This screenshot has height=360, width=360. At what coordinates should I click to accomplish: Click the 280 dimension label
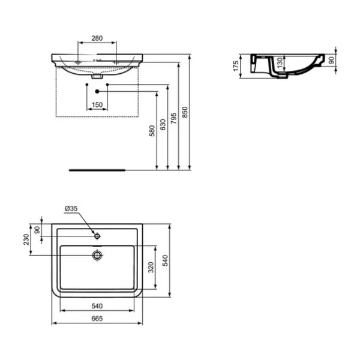click(97, 38)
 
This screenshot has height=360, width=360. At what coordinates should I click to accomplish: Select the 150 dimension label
click(97, 104)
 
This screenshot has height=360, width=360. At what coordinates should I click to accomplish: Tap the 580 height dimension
click(152, 131)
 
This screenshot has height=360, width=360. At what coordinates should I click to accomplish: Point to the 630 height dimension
click(163, 125)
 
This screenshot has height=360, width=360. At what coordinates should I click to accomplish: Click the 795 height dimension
click(174, 118)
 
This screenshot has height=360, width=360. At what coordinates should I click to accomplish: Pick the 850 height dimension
click(185, 112)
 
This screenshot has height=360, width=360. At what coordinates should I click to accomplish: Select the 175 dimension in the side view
click(236, 66)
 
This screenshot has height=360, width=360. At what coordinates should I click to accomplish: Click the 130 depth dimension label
click(280, 62)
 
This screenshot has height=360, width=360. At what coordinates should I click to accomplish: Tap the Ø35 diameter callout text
click(71, 208)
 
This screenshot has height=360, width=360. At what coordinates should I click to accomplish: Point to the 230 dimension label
click(26, 239)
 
